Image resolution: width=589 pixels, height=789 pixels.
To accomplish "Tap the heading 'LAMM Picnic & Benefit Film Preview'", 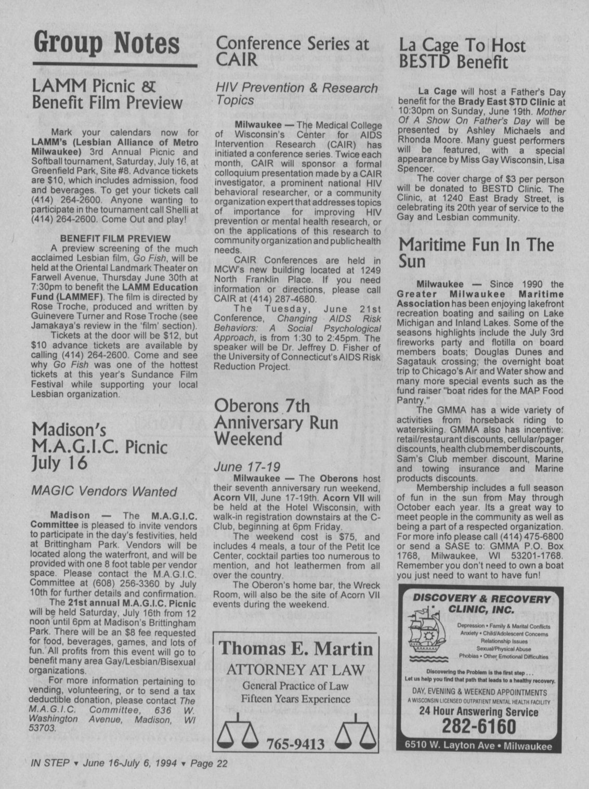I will click(107, 94).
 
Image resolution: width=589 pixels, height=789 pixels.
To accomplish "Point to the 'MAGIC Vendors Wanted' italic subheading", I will click(104, 491).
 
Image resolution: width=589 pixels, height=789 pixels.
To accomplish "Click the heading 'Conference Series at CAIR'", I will click(292, 51).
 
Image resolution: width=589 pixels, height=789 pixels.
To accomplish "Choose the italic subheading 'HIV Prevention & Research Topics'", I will click(296, 94).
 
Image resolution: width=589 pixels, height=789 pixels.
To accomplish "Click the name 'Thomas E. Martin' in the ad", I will click(296, 649).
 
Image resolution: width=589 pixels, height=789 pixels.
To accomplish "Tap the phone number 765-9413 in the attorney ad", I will click(295, 744).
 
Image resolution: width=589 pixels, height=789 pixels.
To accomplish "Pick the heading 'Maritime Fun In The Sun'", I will click(476, 252).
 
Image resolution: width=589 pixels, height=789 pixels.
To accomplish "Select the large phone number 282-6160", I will click(479, 726).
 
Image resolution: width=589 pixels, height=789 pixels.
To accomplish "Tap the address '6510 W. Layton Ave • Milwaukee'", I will click(479, 745).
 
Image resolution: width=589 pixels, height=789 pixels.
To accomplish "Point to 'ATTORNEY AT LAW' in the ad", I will click(296, 669).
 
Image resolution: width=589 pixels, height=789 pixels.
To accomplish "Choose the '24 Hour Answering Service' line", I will click(479, 712).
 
